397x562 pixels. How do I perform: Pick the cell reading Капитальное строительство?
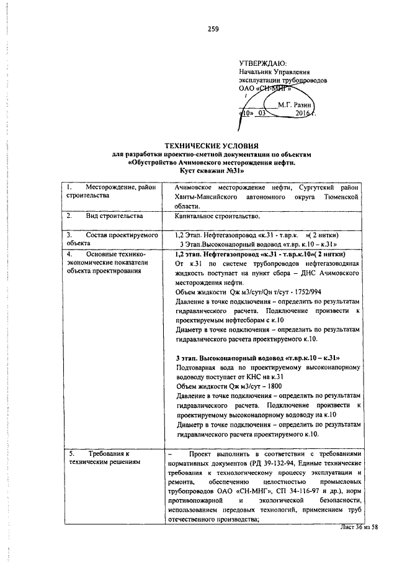point(218,216)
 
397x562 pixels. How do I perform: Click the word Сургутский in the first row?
point(300,187)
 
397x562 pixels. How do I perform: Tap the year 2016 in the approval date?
point(303,114)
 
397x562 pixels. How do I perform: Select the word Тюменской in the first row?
point(340,196)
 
